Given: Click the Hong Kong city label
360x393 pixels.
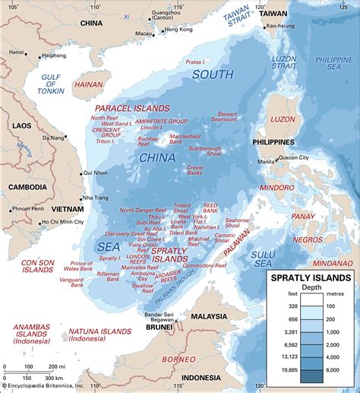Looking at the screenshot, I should click(178, 29).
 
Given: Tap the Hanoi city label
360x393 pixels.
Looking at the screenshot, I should click(16, 52).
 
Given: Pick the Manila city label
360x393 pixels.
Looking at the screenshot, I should click(267, 162).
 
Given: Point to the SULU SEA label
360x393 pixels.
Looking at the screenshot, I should click(264, 258).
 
